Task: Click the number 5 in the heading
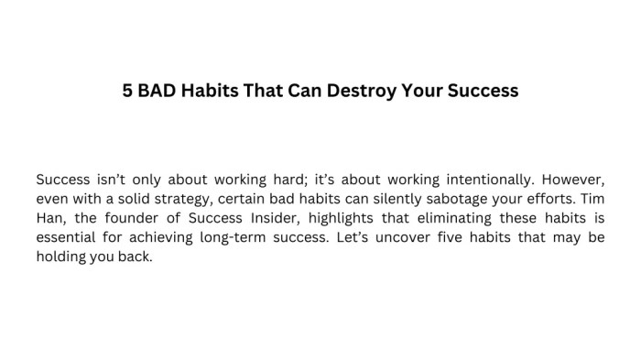tap(128, 92)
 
